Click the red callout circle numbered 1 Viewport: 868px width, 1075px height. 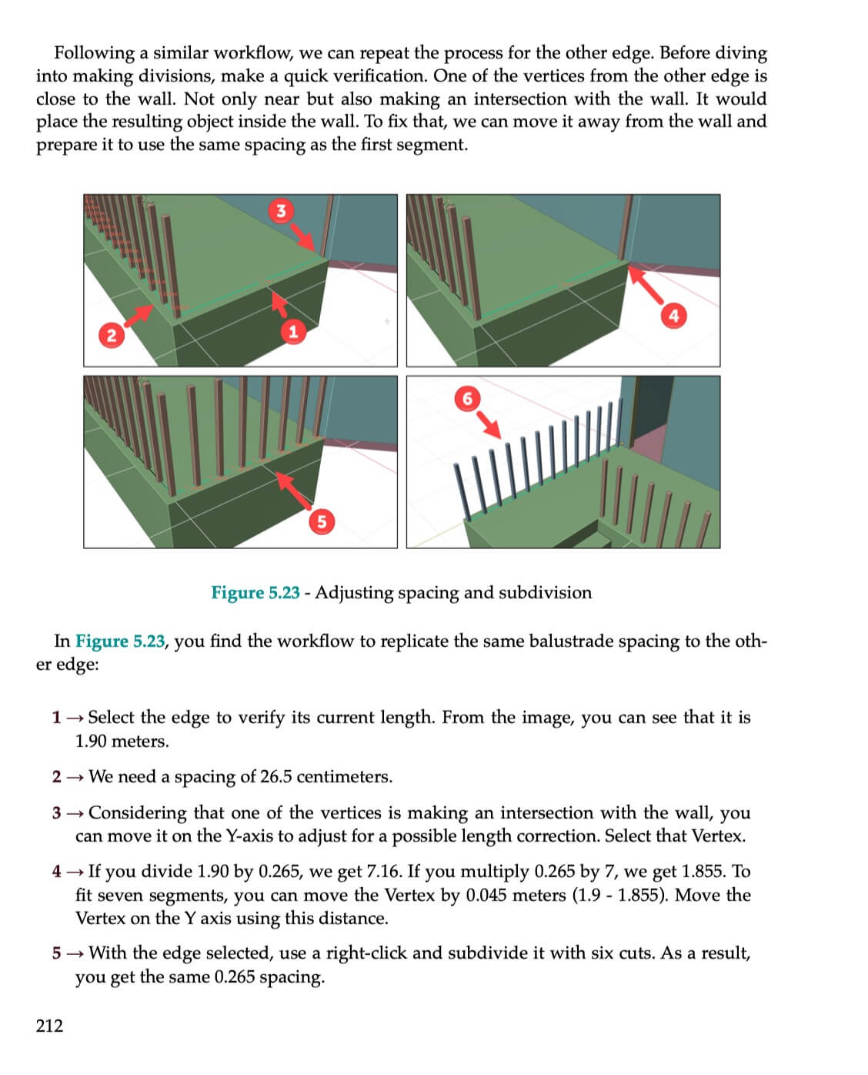[292, 331]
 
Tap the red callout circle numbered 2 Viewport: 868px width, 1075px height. [112, 335]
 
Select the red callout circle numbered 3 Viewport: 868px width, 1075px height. [281, 210]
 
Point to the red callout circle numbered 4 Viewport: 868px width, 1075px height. [673, 315]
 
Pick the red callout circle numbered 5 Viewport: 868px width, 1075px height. [322, 521]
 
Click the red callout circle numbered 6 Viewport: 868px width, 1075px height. [466, 398]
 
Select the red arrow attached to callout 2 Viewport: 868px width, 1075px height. [139, 315]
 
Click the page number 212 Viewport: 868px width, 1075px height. [49, 1025]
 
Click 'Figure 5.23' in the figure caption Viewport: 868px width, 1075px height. [255, 592]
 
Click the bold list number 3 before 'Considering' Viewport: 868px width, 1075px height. [56, 813]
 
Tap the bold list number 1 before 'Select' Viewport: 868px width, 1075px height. [56, 718]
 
